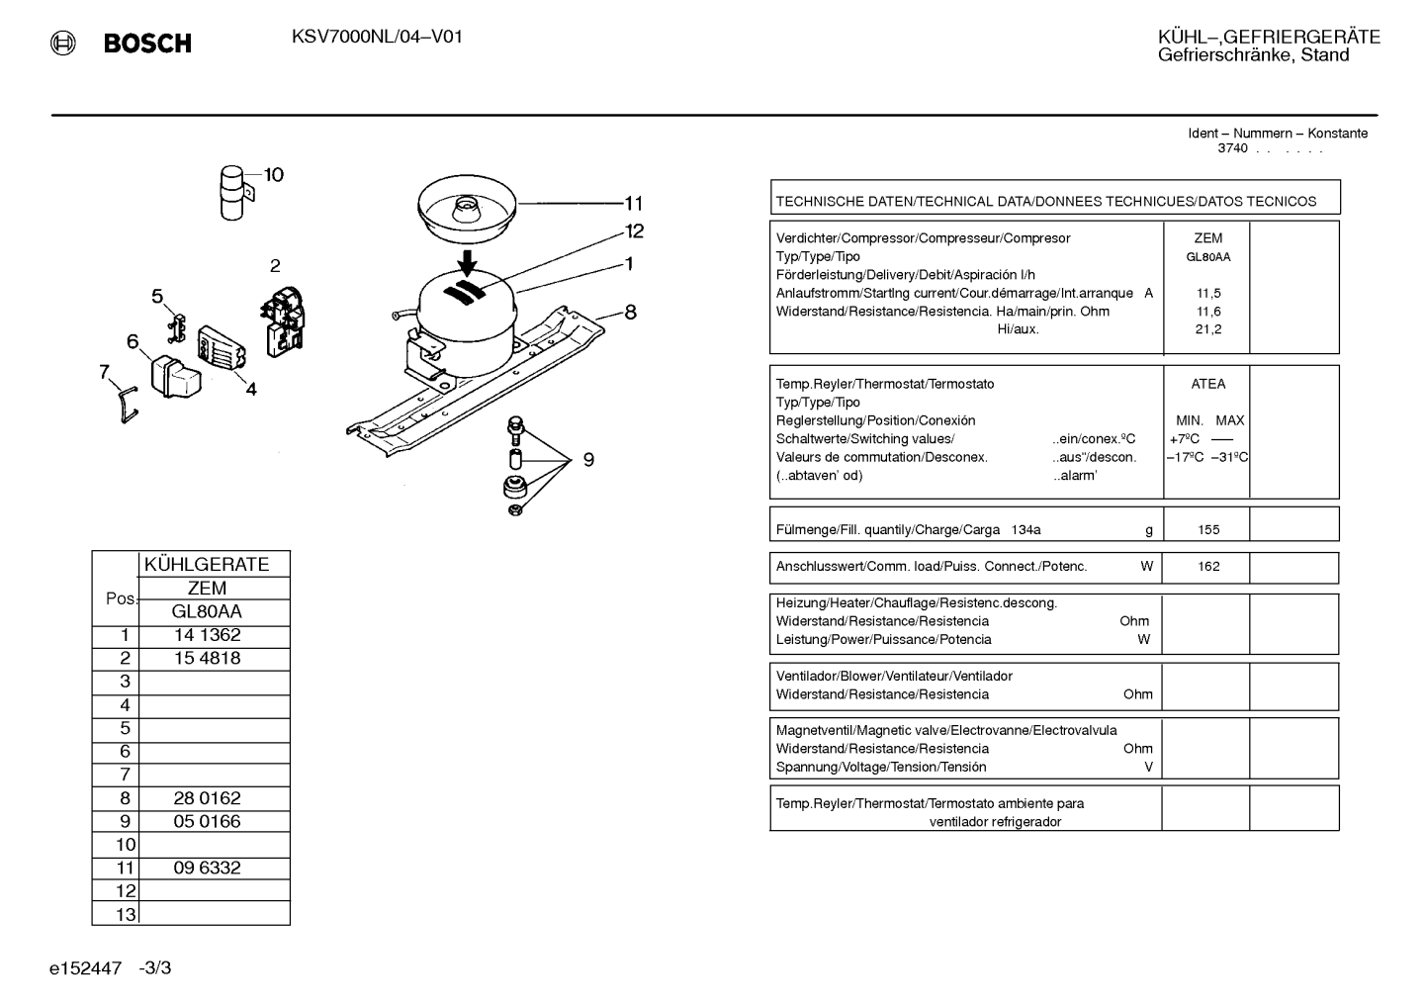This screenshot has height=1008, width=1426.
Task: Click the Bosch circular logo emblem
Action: [x=63, y=44]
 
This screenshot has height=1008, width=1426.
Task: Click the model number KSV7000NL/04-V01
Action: [x=377, y=37]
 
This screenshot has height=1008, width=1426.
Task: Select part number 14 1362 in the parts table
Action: [x=208, y=635]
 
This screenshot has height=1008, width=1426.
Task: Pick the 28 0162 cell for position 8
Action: [x=208, y=798]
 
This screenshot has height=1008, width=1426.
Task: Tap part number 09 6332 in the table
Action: [x=208, y=868]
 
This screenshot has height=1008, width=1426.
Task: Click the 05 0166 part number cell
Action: [x=208, y=821]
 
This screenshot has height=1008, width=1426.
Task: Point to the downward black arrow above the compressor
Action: [x=468, y=263]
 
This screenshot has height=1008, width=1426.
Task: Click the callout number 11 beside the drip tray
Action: [x=634, y=204]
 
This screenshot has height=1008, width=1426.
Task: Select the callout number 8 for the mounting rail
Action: [x=630, y=312]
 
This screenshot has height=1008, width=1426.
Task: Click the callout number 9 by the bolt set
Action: [x=588, y=460]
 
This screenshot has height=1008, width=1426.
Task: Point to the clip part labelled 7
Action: [x=128, y=405]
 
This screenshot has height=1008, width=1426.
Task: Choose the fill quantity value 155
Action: [x=1208, y=530]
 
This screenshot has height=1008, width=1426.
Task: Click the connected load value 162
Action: [x=1208, y=566]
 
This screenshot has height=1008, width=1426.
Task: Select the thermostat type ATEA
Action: [x=1208, y=384]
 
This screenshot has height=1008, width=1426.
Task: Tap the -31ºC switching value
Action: [x=1229, y=457]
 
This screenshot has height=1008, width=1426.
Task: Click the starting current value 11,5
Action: [x=1208, y=294]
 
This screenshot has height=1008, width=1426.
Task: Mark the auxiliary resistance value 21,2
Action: [x=1208, y=329]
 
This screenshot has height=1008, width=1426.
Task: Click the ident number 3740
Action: [x=1232, y=148]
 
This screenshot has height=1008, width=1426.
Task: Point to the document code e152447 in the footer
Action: [x=85, y=968]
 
